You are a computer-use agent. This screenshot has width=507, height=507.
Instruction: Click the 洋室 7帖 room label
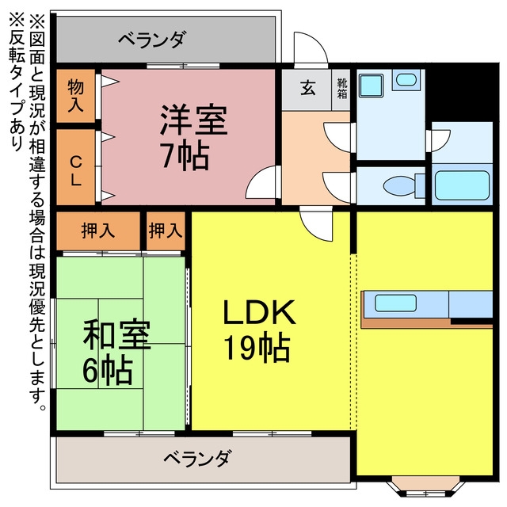pyautogui.click(x=193, y=137)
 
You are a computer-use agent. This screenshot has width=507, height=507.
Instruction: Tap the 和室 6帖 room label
pyautogui.click(x=116, y=352)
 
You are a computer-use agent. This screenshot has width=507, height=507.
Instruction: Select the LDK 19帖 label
pyautogui.click(x=259, y=330)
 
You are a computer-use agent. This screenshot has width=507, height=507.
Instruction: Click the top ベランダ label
pyautogui.click(x=152, y=40)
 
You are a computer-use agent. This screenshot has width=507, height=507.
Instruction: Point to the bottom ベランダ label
pyautogui.click(x=197, y=458)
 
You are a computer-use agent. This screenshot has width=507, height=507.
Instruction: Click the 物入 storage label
pyautogui.click(x=76, y=96)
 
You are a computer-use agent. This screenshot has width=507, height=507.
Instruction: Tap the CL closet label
pyautogui.click(x=76, y=171)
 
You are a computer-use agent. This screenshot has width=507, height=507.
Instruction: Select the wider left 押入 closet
pyautogui.click(x=98, y=231)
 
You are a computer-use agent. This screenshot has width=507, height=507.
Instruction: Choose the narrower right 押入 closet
pyautogui.click(x=166, y=231)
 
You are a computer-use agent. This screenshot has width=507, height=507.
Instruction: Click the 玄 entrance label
pyautogui.click(x=308, y=87)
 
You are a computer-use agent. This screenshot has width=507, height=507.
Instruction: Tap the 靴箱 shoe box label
pyautogui.click(x=342, y=88)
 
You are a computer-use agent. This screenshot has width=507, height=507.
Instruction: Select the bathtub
pyautogui.click(x=462, y=185)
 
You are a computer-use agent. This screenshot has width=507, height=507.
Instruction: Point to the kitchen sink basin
pyautogui.click(x=395, y=303)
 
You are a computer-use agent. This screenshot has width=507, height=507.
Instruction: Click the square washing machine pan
pyautogui.click(x=372, y=86)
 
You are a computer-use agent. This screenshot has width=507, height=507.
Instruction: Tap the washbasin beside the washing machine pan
pyautogui.click(x=406, y=79)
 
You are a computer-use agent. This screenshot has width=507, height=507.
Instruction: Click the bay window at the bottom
pyautogui.click(x=425, y=486)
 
